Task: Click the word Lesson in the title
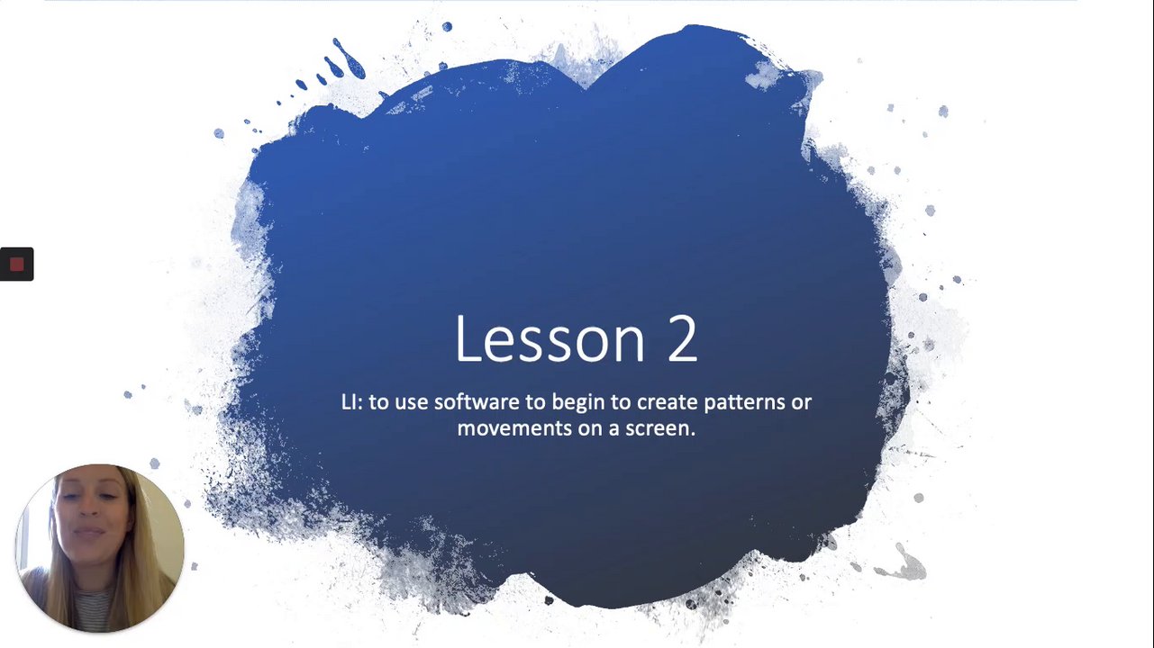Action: pos(550,338)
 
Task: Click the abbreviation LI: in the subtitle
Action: pos(352,402)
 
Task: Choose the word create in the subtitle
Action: pos(668,402)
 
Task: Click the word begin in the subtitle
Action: pos(578,403)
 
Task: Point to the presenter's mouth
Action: pos(90,532)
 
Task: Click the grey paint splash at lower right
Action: pos(903,564)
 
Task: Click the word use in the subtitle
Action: pos(412,403)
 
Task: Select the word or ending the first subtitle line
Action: pos(801,403)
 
